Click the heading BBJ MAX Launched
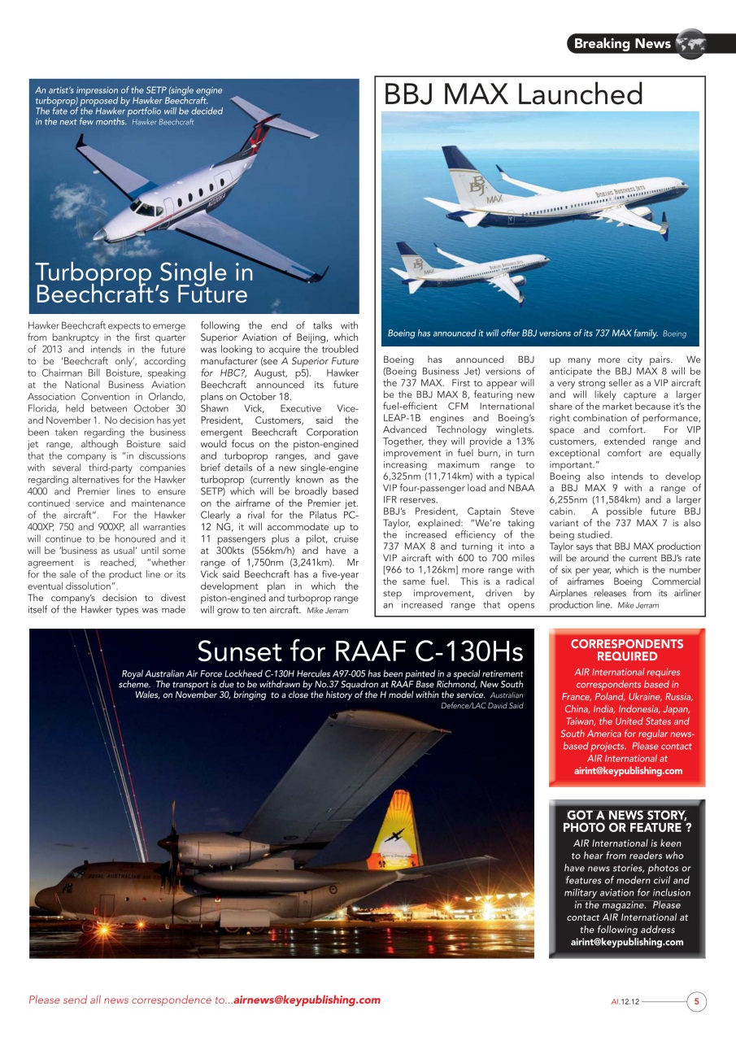[513, 94]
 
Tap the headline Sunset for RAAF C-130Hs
[359, 651]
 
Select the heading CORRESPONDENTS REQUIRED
[626, 650]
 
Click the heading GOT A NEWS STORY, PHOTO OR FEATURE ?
[626, 821]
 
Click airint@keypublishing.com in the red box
[627, 771]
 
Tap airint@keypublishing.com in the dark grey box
[627, 942]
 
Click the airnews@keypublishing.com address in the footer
[307, 1000]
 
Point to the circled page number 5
[697, 1001]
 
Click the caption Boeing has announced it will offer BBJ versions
[523, 333]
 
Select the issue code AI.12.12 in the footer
[625, 1002]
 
